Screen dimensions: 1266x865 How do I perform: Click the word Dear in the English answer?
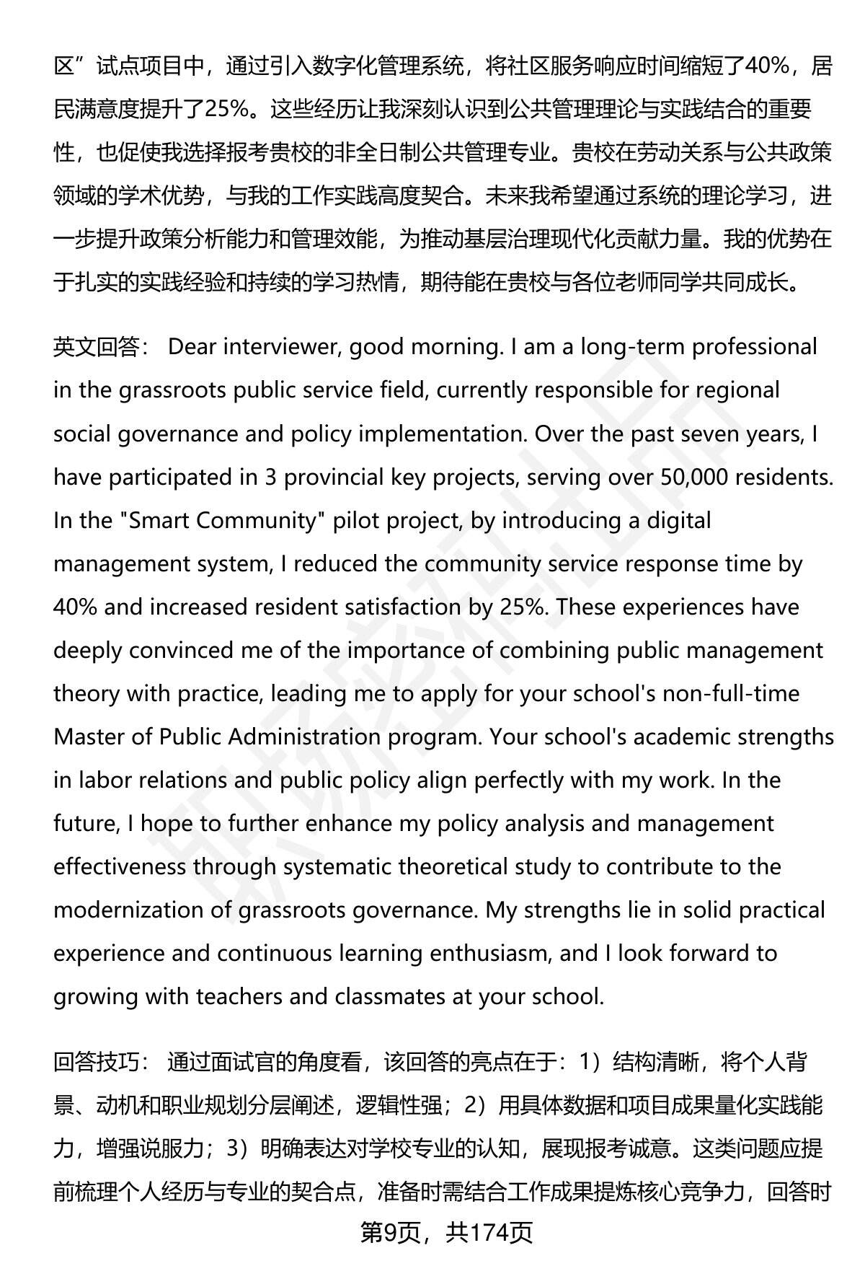pyautogui.click(x=192, y=348)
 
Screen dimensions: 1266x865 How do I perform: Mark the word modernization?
pyautogui.click(x=129, y=910)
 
